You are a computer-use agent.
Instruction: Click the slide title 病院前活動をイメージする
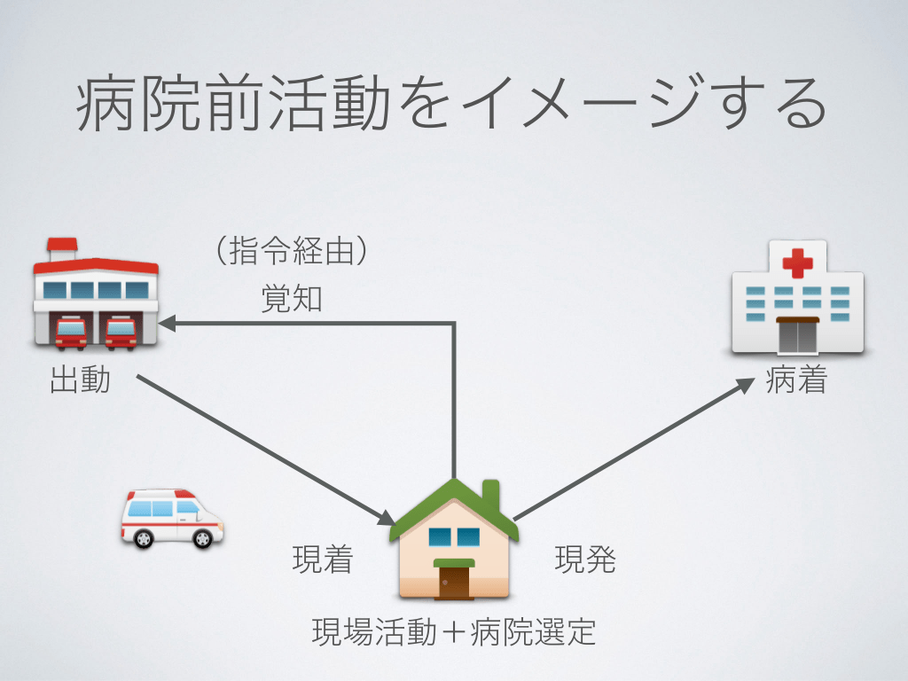tap(452, 106)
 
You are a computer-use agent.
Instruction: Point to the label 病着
tap(795, 381)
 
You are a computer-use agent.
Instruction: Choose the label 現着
tap(323, 560)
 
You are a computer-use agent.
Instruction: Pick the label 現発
tap(585, 560)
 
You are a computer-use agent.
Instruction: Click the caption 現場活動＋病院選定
tap(453, 632)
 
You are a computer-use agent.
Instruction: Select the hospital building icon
tap(796, 300)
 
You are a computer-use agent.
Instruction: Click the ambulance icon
tap(171, 519)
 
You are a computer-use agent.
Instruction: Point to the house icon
tap(454, 541)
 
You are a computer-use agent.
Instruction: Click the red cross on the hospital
tap(797, 262)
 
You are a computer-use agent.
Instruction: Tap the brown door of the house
tap(454, 582)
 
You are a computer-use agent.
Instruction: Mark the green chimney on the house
tap(490, 492)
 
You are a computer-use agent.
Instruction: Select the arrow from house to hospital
tap(630, 450)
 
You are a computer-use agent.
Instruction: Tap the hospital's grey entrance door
tap(796, 336)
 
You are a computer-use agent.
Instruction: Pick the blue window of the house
tap(454, 536)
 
